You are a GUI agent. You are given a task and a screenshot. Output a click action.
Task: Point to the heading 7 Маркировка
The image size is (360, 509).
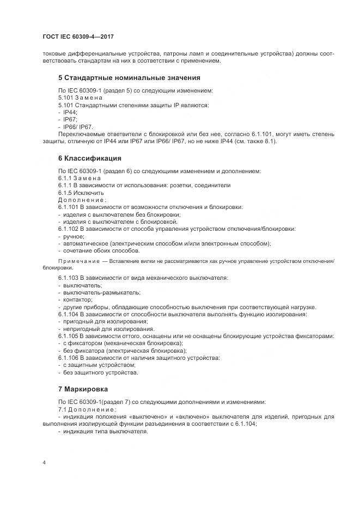[83, 389]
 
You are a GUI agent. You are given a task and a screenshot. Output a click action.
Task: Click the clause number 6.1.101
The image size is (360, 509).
[68, 207]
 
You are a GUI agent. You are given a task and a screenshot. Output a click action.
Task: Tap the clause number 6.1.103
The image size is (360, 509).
[68, 278]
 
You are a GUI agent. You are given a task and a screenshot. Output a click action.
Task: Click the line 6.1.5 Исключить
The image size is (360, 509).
[81, 193]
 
